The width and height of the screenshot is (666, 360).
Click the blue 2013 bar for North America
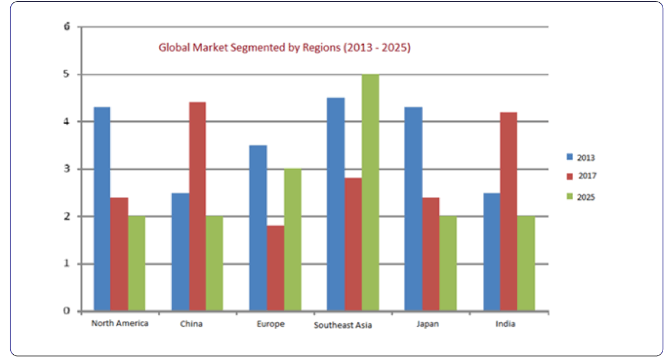click(x=102, y=209)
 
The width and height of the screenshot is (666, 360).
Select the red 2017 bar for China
click(x=197, y=207)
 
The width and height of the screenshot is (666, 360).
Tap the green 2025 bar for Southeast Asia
click(x=370, y=193)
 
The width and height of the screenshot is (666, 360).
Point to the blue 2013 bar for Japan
click(x=413, y=209)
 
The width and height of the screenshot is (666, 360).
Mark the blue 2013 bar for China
click(x=180, y=252)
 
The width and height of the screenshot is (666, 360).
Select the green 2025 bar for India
click(x=525, y=264)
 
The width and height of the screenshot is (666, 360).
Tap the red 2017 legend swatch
click(x=570, y=176)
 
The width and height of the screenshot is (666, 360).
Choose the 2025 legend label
click(x=586, y=197)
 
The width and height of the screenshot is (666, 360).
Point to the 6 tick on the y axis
click(x=67, y=27)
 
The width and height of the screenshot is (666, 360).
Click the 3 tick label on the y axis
click(x=67, y=169)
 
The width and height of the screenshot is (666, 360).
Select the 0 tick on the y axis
click(x=67, y=311)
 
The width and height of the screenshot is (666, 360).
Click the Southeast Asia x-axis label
click(x=343, y=325)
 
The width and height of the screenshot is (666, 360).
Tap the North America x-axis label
click(x=119, y=323)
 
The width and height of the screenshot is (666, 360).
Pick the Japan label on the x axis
click(x=427, y=324)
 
